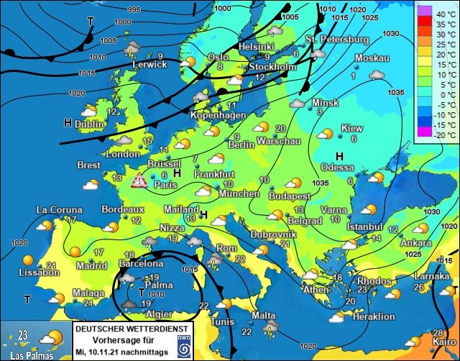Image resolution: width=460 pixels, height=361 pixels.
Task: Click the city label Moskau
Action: pyautogui.click(x=372, y=58)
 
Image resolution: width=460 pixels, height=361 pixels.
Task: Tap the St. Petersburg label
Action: pyautogui.click(x=336, y=39)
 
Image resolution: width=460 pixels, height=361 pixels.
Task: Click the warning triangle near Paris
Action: pyautogui.click(x=139, y=180)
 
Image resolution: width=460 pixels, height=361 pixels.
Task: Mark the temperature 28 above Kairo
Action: pyautogui.click(x=438, y=332)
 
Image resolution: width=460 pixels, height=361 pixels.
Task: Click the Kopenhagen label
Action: pyautogui.click(x=213, y=115)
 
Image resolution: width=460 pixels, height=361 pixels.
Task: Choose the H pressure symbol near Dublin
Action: pyautogui.click(x=68, y=124)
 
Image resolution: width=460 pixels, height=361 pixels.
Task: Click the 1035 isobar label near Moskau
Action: pyautogui.click(x=395, y=92)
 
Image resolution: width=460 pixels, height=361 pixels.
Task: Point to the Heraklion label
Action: pyautogui.click(x=374, y=316)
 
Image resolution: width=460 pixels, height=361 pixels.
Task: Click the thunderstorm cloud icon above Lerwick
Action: pyautogui.click(x=132, y=48)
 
